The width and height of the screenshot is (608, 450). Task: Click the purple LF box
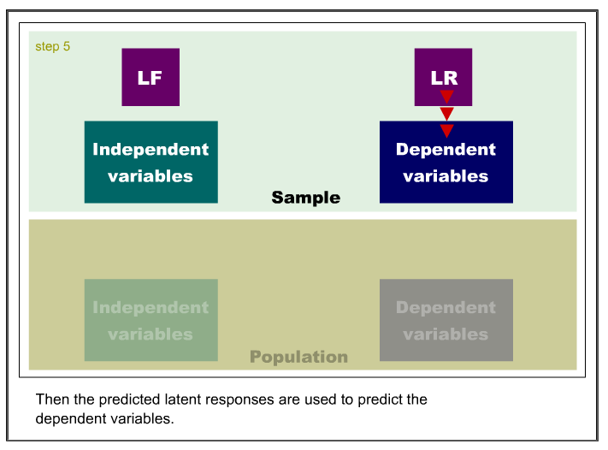(x=151, y=77)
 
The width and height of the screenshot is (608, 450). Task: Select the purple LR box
(x=443, y=77)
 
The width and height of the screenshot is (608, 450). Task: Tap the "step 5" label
(x=53, y=46)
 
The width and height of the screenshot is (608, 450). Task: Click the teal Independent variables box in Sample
(x=151, y=162)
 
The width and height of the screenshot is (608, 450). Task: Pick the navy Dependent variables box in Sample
(x=446, y=162)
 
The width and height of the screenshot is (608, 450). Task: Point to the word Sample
(x=306, y=198)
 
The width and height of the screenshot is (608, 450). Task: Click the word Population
(x=299, y=357)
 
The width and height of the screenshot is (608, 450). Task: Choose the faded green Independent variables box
(x=151, y=320)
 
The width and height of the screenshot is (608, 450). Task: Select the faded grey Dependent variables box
(x=446, y=320)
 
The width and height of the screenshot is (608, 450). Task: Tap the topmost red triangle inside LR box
(x=446, y=96)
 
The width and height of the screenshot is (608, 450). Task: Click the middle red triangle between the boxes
(x=446, y=113)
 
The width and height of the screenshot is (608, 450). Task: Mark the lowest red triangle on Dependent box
(x=446, y=130)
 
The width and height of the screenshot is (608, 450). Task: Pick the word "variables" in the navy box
(x=446, y=176)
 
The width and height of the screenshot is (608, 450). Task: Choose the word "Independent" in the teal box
(x=151, y=150)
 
